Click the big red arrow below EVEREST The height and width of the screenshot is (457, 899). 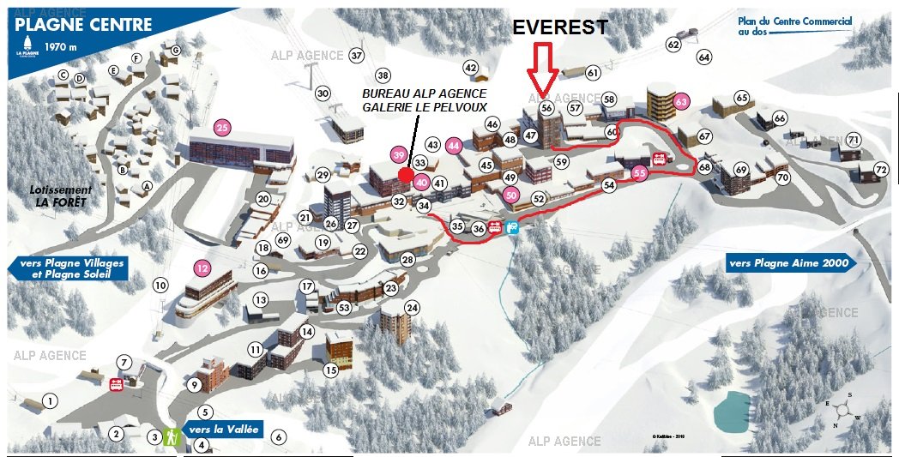click(x=541, y=69)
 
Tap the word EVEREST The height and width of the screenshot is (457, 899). click(x=561, y=27)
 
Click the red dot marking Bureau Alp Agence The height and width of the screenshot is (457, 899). click(x=404, y=174)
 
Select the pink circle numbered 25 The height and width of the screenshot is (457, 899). click(x=223, y=129)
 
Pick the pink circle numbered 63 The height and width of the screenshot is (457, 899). click(x=682, y=101)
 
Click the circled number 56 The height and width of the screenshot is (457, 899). click(x=546, y=109)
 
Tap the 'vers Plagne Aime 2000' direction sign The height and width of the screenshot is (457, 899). click(x=789, y=263)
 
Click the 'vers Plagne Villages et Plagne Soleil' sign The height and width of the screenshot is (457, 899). click(x=69, y=268)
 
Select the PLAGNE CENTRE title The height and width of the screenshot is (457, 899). click(x=83, y=25)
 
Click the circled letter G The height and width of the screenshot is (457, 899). click(x=175, y=51)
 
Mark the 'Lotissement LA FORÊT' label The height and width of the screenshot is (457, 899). click(x=58, y=195)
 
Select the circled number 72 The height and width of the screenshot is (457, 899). click(x=880, y=169)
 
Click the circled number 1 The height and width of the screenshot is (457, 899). click(x=51, y=401)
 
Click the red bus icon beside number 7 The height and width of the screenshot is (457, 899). click(x=116, y=384)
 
